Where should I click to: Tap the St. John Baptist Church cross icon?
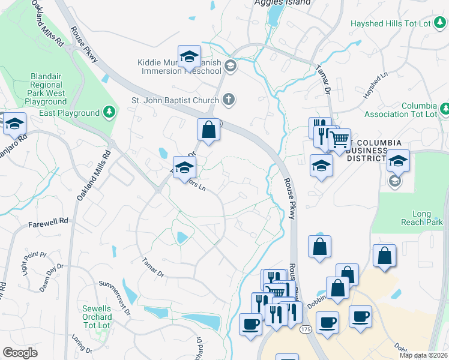[228, 99]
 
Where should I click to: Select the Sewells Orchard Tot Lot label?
[97, 317]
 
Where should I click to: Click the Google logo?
[20, 352]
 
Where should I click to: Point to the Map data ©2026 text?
[424, 355]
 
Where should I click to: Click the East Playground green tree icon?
[109, 112]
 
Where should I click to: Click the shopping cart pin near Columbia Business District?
[340, 140]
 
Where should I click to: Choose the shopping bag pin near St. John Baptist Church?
[208, 129]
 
